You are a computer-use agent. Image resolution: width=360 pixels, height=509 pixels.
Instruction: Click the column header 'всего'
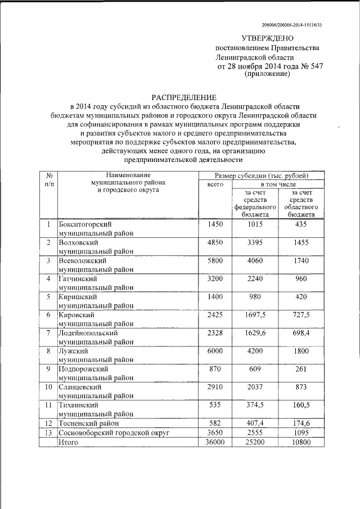[x=215, y=184]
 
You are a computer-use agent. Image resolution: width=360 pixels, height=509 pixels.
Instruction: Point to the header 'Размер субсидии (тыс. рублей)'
[x=262, y=175]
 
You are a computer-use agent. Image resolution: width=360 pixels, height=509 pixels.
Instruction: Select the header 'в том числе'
[x=278, y=184]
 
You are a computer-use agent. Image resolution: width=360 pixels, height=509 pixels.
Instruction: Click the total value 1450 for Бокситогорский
[x=215, y=224]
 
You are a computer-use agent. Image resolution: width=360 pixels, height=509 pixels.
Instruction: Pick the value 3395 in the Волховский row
[x=256, y=242]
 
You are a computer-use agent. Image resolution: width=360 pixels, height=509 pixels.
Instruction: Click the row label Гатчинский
[x=78, y=278]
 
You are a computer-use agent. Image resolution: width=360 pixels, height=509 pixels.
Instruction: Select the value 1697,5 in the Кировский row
[x=256, y=314]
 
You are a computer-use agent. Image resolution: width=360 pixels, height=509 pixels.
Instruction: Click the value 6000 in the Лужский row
[x=215, y=350]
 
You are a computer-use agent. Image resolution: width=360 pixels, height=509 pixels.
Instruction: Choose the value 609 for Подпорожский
[x=256, y=368]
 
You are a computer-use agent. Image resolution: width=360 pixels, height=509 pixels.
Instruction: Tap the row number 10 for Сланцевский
[x=48, y=387]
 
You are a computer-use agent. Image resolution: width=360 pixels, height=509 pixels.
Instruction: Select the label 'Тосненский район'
[x=88, y=422]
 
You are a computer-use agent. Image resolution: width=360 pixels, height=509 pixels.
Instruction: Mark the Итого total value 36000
[x=215, y=442]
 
